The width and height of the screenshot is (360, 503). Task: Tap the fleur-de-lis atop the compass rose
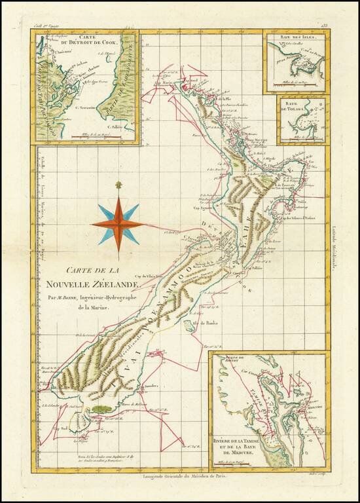coord(118,185)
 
